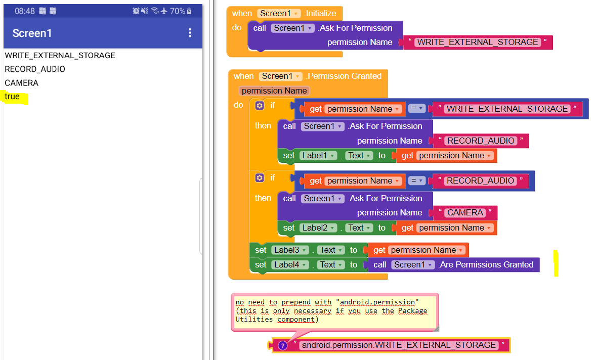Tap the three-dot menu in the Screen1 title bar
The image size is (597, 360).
(190, 33)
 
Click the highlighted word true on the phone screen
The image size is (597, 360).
(12, 96)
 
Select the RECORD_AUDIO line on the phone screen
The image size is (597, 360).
(34, 69)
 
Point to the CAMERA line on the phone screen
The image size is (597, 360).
(21, 83)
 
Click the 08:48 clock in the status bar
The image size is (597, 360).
(25, 11)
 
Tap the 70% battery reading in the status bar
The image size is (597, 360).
(178, 11)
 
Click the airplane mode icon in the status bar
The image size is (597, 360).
(164, 11)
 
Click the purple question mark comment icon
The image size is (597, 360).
(282, 345)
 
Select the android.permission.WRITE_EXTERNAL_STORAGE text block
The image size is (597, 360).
(399, 345)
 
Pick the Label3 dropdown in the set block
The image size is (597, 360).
(290, 250)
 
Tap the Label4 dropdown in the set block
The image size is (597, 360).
(290, 264)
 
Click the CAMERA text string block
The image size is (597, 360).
(465, 212)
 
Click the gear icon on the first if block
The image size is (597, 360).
(260, 105)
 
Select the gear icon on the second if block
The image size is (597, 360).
(260, 177)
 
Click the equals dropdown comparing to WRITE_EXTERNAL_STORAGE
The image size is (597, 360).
(416, 109)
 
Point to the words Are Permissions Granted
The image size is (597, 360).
(486, 264)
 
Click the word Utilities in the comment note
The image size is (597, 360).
(254, 319)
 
